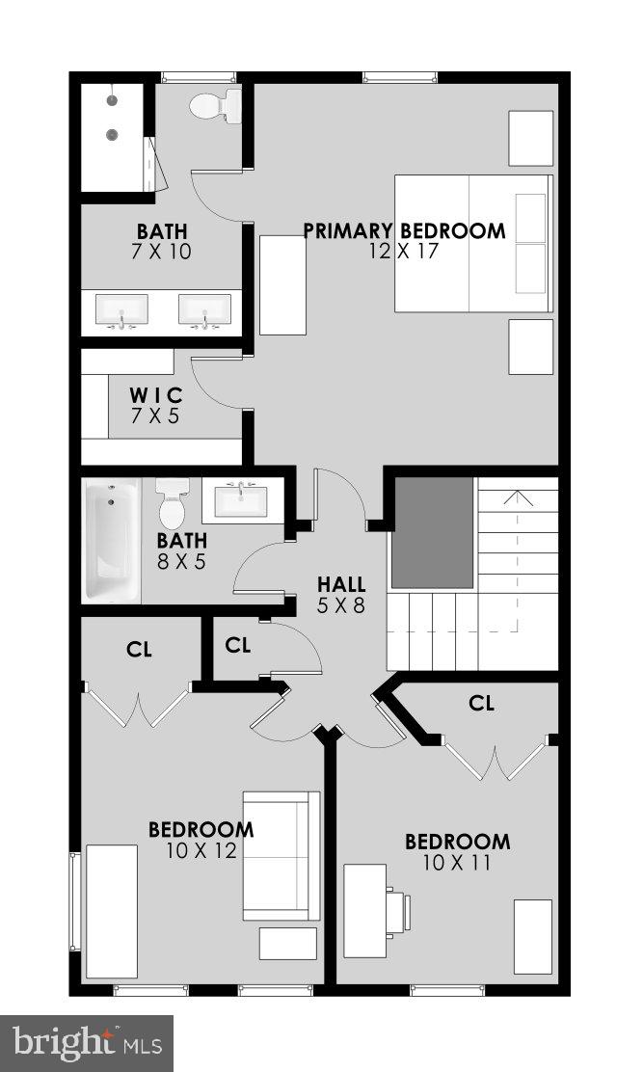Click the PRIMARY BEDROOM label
(404, 231)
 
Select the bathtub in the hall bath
(111, 541)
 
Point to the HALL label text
(342, 584)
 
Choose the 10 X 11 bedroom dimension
(457, 862)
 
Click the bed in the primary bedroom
(472, 243)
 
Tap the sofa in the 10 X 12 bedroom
(281, 856)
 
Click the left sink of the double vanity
(122, 310)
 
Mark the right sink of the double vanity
(204, 310)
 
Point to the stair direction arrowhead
(518, 497)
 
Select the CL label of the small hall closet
(237, 645)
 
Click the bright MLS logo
(87, 1042)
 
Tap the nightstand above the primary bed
(530, 138)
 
